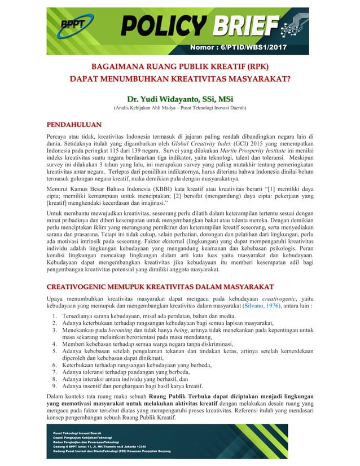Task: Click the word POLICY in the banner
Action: pyautogui.click(x=163, y=25)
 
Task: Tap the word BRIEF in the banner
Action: pyautogui.click(x=243, y=25)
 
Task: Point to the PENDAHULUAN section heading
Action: pyautogui.click(x=73, y=124)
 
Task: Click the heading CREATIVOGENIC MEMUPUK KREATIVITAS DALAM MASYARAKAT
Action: pyautogui.click(x=160, y=285)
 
